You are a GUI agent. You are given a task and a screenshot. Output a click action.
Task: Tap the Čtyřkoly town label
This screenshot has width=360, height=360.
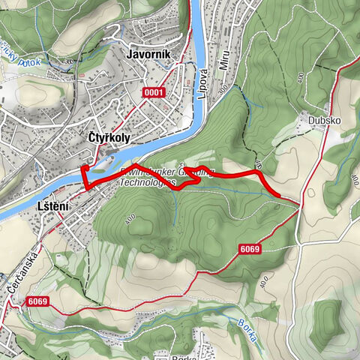point(111,137)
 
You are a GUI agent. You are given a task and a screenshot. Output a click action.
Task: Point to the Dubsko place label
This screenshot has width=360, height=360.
point(318,118)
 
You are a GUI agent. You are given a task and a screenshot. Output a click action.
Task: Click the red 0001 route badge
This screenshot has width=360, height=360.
point(156,91)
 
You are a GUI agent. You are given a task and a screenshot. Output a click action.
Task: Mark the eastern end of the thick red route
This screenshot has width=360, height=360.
point(280,196)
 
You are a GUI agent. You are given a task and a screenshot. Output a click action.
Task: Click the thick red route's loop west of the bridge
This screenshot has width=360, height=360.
point(85,177)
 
